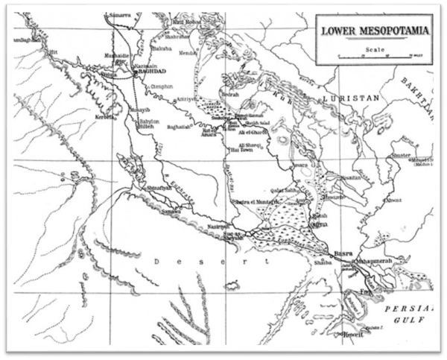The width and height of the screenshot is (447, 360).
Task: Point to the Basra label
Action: coord(344,252)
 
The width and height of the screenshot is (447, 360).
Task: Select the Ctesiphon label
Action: coord(162,86)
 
